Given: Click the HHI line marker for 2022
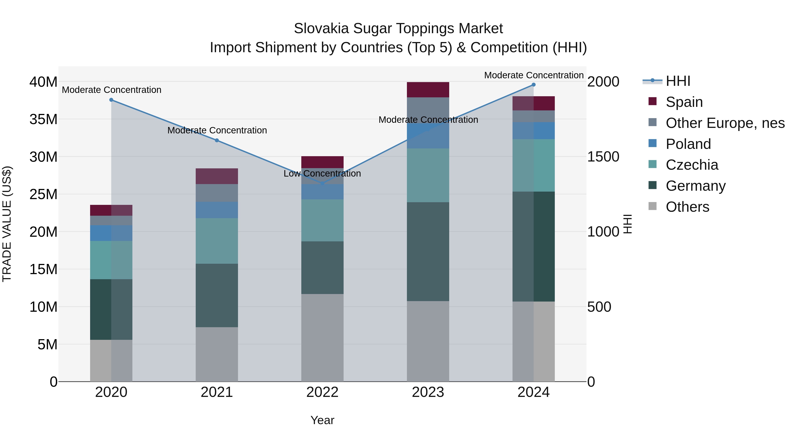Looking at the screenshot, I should pyautogui.click(x=322, y=183).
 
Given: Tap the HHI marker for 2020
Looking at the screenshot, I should pyautogui.click(x=111, y=100).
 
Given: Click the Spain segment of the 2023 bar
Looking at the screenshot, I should pyautogui.click(x=428, y=90).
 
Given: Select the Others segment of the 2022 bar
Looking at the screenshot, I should pyautogui.click(x=322, y=338).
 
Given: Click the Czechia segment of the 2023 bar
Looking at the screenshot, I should pyautogui.click(x=428, y=175).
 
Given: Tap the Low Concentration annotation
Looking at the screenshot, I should pyautogui.click(x=322, y=173).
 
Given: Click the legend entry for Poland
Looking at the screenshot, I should pyautogui.click(x=688, y=144).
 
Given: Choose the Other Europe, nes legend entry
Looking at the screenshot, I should pyautogui.click(x=725, y=123).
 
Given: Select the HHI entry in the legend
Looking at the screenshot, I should pyautogui.click(x=678, y=81).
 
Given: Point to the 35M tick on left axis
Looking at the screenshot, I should pyautogui.click(x=43, y=119).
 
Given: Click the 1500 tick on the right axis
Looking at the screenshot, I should pyautogui.click(x=603, y=157).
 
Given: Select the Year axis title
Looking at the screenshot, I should pyautogui.click(x=322, y=420).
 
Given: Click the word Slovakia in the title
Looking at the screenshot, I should pyautogui.click(x=321, y=29).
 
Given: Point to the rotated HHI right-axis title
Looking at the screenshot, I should pyautogui.click(x=627, y=224).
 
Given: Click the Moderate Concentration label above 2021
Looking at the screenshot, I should pyautogui.click(x=217, y=131).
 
